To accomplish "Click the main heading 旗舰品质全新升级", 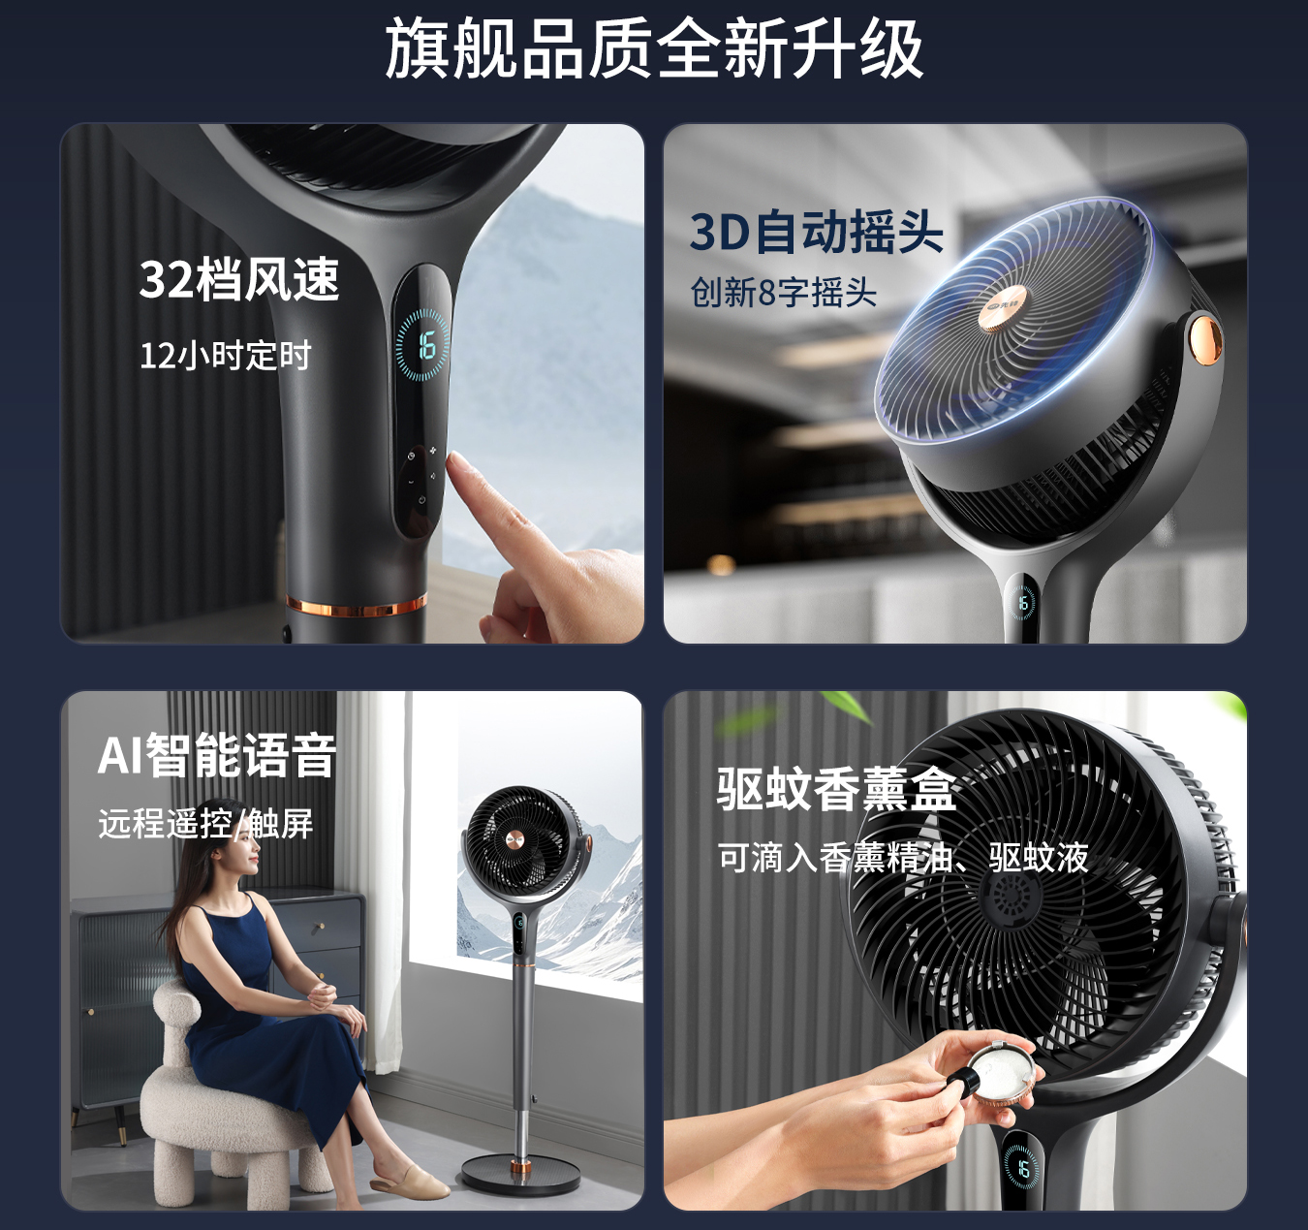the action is tap(653, 48).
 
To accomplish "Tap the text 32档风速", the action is tap(239, 279).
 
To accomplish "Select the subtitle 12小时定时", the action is tap(225, 356).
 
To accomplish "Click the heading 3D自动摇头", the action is tap(816, 232).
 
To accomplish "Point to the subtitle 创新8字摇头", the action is tap(783, 292).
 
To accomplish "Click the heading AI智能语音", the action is tap(217, 755).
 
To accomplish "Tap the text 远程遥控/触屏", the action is tap(205, 823).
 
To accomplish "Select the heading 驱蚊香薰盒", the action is tap(836, 788).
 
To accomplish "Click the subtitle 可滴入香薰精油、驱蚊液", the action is tap(903, 858).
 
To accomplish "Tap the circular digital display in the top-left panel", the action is tap(422, 345).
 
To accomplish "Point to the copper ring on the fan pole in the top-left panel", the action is tap(357, 606).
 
